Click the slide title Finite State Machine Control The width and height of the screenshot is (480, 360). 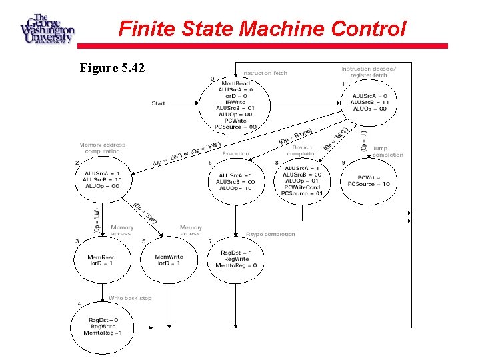click(x=261, y=29)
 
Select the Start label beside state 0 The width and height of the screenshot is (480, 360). click(x=159, y=103)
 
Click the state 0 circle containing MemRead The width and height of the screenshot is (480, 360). click(x=235, y=105)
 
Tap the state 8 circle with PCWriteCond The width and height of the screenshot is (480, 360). click(x=303, y=180)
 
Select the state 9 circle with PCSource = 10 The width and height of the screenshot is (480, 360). click(x=373, y=181)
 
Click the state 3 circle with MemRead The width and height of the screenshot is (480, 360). click(x=102, y=260)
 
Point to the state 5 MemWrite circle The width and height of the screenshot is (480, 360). click(x=169, y=260)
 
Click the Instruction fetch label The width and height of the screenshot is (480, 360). click(x=265, y=73)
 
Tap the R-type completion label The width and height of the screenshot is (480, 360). click(x=270, y=234)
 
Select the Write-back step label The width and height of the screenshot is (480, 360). click(x=130, y=298)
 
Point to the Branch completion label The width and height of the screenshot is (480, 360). click(x=302, y=151)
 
